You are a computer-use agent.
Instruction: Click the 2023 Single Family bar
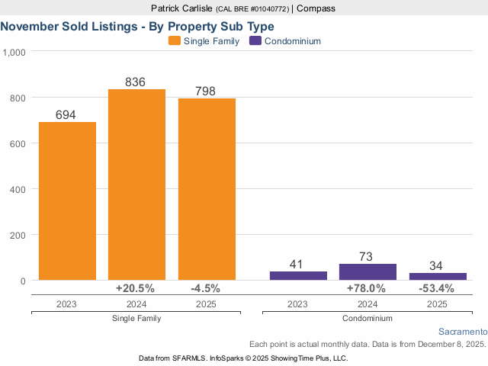pyautogui.click(x=67, y=201)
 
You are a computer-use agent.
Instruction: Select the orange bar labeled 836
pyautogui.click(x=136, y=185)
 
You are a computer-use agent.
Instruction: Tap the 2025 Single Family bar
pyautogui.click(x=207, y=189)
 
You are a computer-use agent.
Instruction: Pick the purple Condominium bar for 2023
pyautogui.click(x=297, y=275)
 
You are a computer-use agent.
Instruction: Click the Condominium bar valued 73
pyautogui.click(x=368, y=272)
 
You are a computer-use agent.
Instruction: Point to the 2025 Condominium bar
pyautogui.click(x=438, y=276)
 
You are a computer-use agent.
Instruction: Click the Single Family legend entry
pyautogui.click(x=204, y=40)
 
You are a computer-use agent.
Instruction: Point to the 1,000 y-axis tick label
pyautogui.click(x=15, y=52)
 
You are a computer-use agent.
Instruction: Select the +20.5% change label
pyautogui.click(x=135, y=288)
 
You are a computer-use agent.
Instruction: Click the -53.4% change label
pyautogui.click(x=437, y=288)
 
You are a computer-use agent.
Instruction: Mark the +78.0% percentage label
pyautogui.click(x=367, y=288)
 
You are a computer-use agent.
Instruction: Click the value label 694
pyautogui.click(x=67, y=114)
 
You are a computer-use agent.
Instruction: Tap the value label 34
pyautogui.click(x=438, y=265)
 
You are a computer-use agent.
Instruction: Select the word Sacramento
pyautogui.click(x=463, y=332)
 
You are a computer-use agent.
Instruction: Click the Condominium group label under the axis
pyautogui.click(x=368, y=318)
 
